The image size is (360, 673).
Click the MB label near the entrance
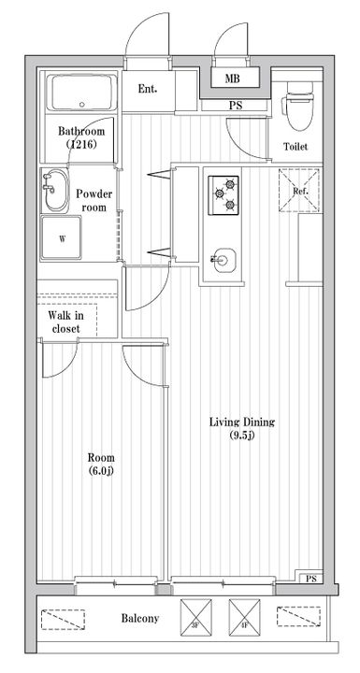pos(232,79)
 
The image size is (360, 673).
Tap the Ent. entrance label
pos(148,90)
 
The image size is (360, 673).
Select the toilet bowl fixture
pos(300,107)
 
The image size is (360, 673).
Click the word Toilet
pos(295,147)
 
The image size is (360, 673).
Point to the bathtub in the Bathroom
pos(81,93)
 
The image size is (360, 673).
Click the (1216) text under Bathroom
pos(81,144)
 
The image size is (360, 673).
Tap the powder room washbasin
pos(56,190)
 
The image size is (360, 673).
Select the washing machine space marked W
pos(61,237)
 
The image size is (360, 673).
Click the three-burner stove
pos(223,194)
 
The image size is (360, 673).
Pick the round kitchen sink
pos(224,260)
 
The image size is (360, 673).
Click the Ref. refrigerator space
pos(299,191)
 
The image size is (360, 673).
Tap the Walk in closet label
pos(65,322)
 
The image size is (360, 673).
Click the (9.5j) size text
pos(242,437)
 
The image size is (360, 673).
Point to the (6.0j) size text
pos(101,471)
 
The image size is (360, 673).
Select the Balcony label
pos(140,619)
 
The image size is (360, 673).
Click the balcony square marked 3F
pos(195,618)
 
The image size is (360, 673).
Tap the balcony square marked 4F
pos(244,618)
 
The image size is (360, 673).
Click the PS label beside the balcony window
pos(311,579)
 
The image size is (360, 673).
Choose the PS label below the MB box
pos(236,106)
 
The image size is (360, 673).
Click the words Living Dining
pos(242,422)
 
